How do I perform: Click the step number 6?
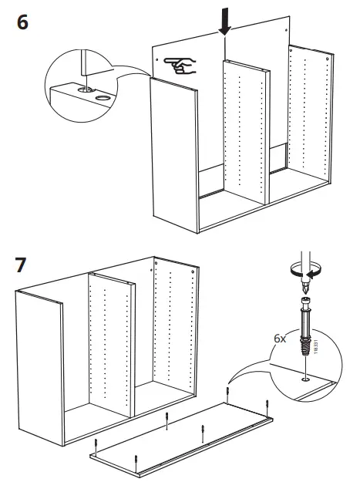point(22,22)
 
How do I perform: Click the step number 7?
point(21,265)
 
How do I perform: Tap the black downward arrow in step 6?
point(225,22)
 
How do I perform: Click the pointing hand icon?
point(180,66)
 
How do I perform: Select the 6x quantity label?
point(280,339)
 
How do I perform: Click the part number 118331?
point(316,346)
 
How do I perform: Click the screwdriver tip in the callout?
point(304,288)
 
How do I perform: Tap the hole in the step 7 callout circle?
point(305,380)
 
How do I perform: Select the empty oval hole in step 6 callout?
point(103,98)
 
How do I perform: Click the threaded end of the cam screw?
point(305,347)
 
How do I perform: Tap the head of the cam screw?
point(305,300)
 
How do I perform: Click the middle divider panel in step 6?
point(246,132)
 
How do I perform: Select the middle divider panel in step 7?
point(111,344)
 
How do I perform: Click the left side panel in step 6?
point(174,155)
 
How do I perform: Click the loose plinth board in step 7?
point(181,439)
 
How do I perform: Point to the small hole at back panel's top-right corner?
point(286,30)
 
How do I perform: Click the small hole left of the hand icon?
point(157,59)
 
